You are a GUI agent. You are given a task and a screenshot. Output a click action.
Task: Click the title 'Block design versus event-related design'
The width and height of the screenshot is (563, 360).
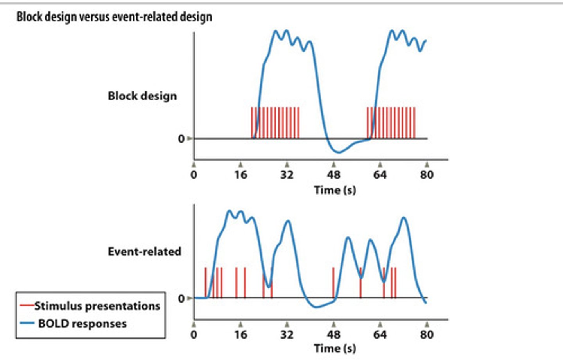coord(114,17)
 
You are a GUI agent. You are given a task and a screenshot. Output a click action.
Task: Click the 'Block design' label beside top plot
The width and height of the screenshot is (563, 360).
coord(142,96)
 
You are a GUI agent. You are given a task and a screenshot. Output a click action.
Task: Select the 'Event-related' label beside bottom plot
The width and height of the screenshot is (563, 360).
coord(144,251)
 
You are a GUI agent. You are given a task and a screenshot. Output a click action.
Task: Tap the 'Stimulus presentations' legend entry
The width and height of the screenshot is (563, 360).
coord(97,306)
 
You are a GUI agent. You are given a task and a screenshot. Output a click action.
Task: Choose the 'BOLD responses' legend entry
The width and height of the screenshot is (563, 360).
coord(82,324)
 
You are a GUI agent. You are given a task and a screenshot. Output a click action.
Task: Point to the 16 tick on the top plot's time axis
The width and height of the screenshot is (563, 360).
coord(241,175)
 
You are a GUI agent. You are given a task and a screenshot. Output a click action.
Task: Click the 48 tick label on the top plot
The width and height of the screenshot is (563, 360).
coord(333,175)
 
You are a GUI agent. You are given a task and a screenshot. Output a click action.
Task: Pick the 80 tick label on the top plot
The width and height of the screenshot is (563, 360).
coord(427,175)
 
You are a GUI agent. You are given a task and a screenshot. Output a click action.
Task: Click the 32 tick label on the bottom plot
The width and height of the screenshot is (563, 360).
coord(287,335)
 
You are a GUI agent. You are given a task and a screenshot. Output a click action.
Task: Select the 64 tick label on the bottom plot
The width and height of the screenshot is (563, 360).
coord(380,335)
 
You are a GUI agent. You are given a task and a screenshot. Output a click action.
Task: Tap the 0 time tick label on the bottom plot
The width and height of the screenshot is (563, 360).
coord(194,335)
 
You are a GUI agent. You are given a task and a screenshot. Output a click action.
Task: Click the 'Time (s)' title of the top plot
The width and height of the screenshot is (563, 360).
coord(335,190)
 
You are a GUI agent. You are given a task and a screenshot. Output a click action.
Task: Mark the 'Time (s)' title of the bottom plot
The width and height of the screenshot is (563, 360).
coord(335,348)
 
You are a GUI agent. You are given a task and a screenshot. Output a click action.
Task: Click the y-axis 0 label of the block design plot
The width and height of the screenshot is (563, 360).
coord(181,139)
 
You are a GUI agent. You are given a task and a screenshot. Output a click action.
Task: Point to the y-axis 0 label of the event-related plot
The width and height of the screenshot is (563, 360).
coord(181,299)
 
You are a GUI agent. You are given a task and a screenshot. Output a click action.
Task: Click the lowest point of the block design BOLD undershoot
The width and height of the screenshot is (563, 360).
coord(338,152)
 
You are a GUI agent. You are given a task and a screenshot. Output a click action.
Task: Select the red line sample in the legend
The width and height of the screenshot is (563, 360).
coord(27,306)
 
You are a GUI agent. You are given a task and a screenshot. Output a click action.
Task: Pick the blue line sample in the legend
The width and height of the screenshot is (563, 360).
coord(27,324)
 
